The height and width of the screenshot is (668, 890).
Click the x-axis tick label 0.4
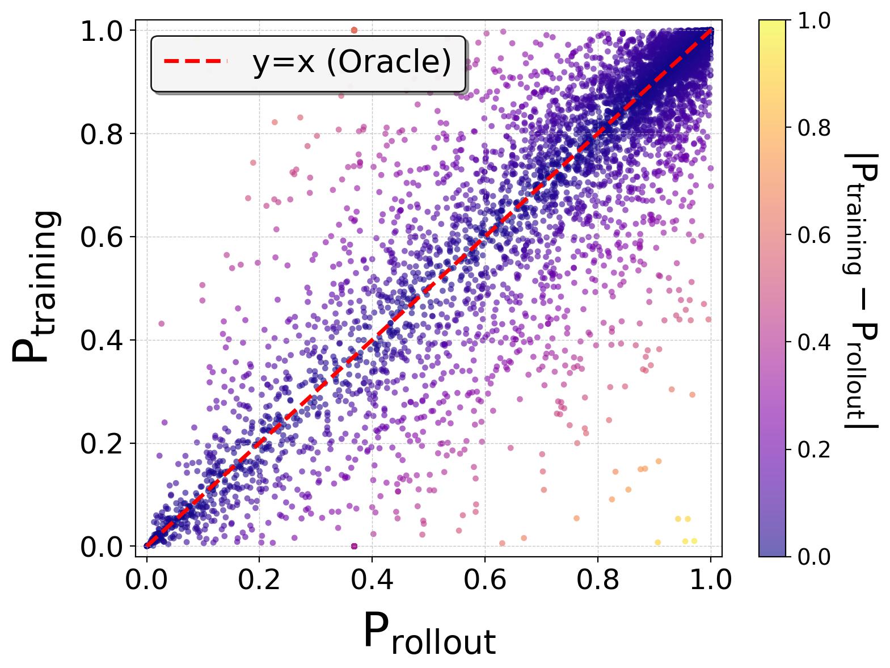(x=372, y=579)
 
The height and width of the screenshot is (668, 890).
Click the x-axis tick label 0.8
(x=598, y=579)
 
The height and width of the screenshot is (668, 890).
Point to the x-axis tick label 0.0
(x=146, y=579)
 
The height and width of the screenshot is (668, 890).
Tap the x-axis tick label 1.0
(x=710, y=579)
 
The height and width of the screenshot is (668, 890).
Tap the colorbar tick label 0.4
(x=814, y=342)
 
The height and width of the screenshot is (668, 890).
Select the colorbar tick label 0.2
(x=814, y=449)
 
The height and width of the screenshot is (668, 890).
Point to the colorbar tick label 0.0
(x=814, y=557)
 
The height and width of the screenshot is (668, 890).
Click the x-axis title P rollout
(x=429, y=633)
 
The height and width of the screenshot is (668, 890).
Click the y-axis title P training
(x=35, y=287)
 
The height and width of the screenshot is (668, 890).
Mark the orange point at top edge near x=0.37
(x=354, y=30)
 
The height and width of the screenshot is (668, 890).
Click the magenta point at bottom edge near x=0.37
(x=354, y=546)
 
